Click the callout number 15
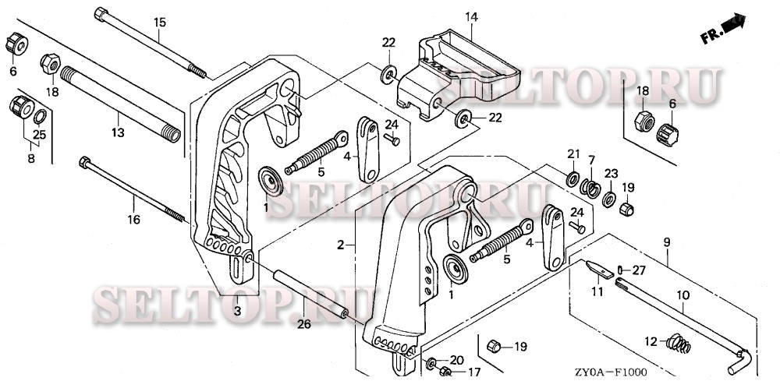(159, 22)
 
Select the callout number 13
(117, 133)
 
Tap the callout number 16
(133, 220)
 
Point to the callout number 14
(472, 16)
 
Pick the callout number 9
(666, 243)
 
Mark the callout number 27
(639, 270)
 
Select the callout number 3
(237, 312)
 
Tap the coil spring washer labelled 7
(591, 187)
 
